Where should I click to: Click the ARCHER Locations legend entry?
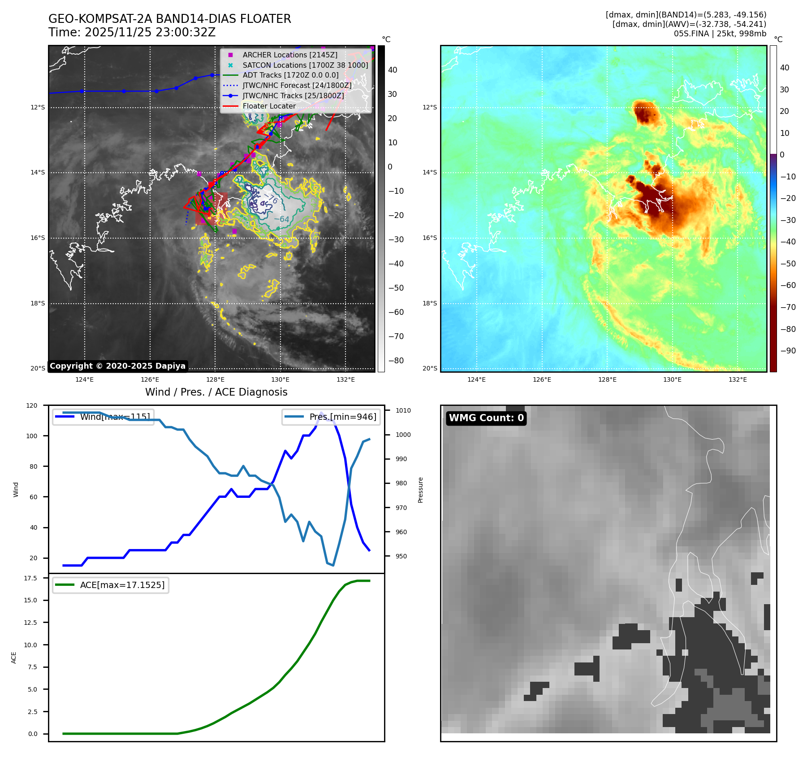289,55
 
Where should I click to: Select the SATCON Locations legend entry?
305,65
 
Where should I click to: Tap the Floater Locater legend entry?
269,106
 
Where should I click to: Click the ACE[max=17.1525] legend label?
122,585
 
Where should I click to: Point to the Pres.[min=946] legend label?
342,417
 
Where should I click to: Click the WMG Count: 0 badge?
486,418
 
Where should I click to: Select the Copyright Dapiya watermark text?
117,366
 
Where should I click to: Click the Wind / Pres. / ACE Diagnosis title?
216,392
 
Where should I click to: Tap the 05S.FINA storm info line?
720,34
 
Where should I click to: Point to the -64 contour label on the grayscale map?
282,219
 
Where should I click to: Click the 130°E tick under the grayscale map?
280,380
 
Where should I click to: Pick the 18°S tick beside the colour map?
429,304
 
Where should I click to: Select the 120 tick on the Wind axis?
32,405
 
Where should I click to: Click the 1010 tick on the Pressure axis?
403,410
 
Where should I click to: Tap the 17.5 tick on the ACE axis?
30,578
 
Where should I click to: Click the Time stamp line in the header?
132,33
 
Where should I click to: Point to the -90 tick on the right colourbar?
788,351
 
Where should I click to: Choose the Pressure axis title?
421,490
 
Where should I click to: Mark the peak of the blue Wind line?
321,413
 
